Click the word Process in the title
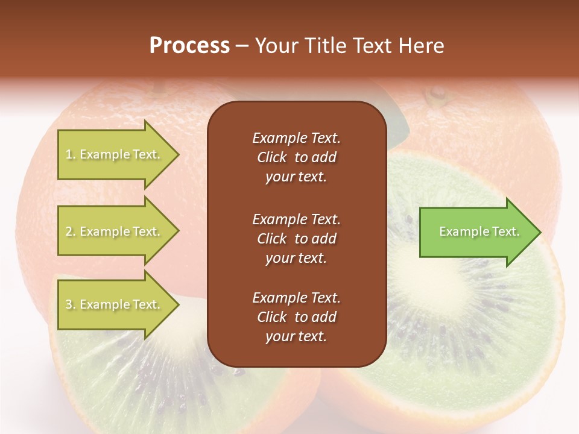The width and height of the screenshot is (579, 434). (x=189, y=46)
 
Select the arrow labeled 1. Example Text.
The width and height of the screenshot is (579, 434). (x=115, y=155)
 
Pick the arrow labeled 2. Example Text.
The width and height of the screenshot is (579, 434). (x=115, y=231)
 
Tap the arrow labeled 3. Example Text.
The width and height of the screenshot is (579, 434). (x=115, y=305)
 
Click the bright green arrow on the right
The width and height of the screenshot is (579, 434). (x=476, y=232)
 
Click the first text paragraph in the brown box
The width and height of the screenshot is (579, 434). (x=296, y=157)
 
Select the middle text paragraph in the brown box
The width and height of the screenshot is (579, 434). (x=296, y=239)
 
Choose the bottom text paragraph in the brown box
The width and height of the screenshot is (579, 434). (x=296, y=317)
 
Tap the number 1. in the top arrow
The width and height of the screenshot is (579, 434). (x=71, y=155)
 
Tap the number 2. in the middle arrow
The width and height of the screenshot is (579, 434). (x=71, y=231)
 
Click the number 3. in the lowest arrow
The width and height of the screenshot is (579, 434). (x=71, y=305)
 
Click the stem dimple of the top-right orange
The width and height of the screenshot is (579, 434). (x=435, y=94)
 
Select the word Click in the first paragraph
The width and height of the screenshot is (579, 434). (x=272, y=157)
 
